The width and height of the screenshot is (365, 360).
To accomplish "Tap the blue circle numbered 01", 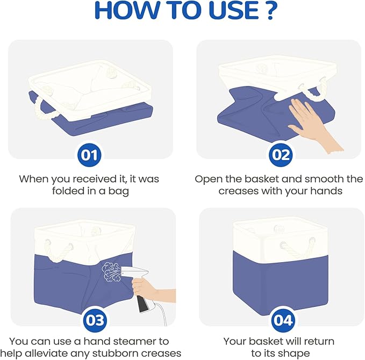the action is (x=90, y=155).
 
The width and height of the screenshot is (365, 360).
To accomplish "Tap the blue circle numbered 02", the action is (x=281, y=155).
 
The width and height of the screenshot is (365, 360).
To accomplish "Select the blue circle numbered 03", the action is (x=95, y=320).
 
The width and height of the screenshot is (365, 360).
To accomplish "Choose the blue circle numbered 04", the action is (x=282, y=320).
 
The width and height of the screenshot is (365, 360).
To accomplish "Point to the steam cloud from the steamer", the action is (x=111, y=272).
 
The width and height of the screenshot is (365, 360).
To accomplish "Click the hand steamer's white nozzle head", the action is (x=134, y=272).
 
